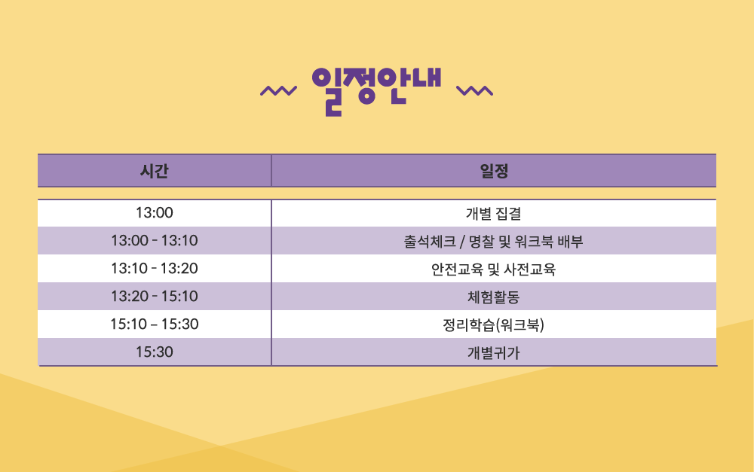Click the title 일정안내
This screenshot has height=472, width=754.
pyautogui.click(x=376, y=91)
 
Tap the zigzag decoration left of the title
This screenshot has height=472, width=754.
pyautogui.click(x=278, y=91)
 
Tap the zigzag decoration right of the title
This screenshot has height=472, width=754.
pyautogui.click(x=474, y=91)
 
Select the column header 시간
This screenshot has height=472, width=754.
pyautogui.click(x=155, y=171)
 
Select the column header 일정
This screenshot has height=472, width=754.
pyautogui.click(x=494, y=171)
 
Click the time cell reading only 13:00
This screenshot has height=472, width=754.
pyautogui.click(x=155, y=213)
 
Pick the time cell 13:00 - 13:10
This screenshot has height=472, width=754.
pyautogui.click(x=155, y=241)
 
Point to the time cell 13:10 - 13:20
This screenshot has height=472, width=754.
pyautogui.click(x=155, y=269)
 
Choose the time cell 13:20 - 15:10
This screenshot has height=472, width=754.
pyautogui.click(x=155, y=297)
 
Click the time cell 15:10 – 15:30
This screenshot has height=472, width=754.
pyautogui.click(x=155, y=324)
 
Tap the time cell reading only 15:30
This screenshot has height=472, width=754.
pyautogui.click(x=155, y=352)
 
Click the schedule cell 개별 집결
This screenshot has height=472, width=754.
pyautogui.click(x=494, y=213)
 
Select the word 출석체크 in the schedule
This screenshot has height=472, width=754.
pyautogui.click(x=430, y=241)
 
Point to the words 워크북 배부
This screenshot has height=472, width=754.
pyautogui.click(x=549, y=241)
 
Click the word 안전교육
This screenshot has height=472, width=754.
pyautogui.click(x=457, y=269)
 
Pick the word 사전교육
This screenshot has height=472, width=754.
pyautogui.click(x=531, y=269)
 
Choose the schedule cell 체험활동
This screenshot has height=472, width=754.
pyautogui.click(x=494, y=297)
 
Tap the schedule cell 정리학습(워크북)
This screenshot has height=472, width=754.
pyautogui.click(x=494, y=325)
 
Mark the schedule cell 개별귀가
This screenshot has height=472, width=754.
pyautogui.click(x=494, y=352)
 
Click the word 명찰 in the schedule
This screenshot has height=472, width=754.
pyautogui.click(x=481, y=241)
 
